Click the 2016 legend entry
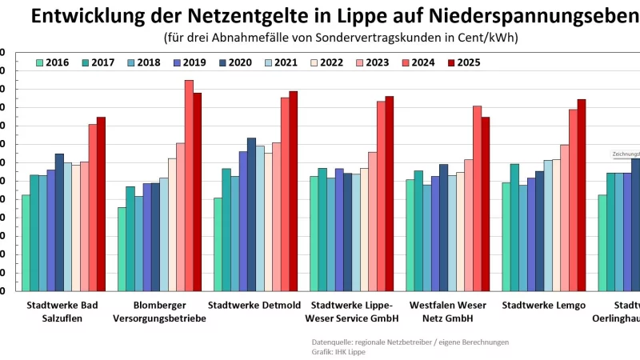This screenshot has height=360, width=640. pyautogui.click(x=52, y=62)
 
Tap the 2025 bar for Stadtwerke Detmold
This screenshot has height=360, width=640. pyautogui.click(x=294, y=191)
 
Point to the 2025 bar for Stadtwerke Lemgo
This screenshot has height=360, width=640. pyautogui.click(x=582, y=195)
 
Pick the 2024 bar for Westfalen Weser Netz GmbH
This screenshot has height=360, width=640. pyautogui.click(x=477, y=198)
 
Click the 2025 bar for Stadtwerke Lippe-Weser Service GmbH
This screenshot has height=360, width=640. pyautogui.click(x=390, y=194)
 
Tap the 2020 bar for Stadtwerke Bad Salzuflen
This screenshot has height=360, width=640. pyautogui.click(x=59, y=222)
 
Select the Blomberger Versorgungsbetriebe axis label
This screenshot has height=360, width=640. pyautogui.click(x=159, y=312)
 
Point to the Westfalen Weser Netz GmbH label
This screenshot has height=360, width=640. pyautogui.click(x=447, y=312)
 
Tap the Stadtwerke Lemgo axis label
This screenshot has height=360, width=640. pyautogui.click(x=543, y=306)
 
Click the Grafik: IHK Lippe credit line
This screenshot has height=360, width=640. pyautogui.click(x=338, y=352)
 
